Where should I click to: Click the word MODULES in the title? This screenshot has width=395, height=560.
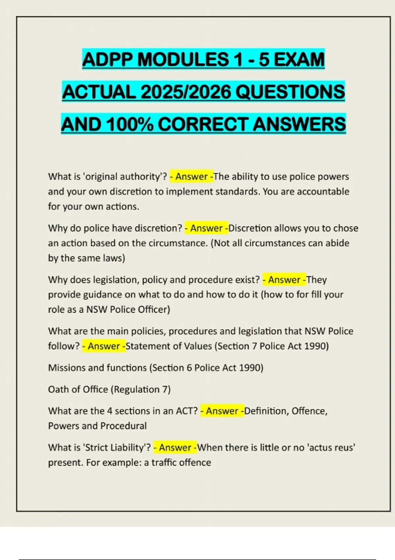coord(183,60)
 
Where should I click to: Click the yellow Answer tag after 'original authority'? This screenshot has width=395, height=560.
coord(192,177)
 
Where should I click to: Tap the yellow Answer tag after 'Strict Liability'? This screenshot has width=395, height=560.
coord(175,447)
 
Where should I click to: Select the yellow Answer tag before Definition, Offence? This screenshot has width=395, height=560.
coord(222,411)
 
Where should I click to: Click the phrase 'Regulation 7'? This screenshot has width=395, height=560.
coord(141,389)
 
